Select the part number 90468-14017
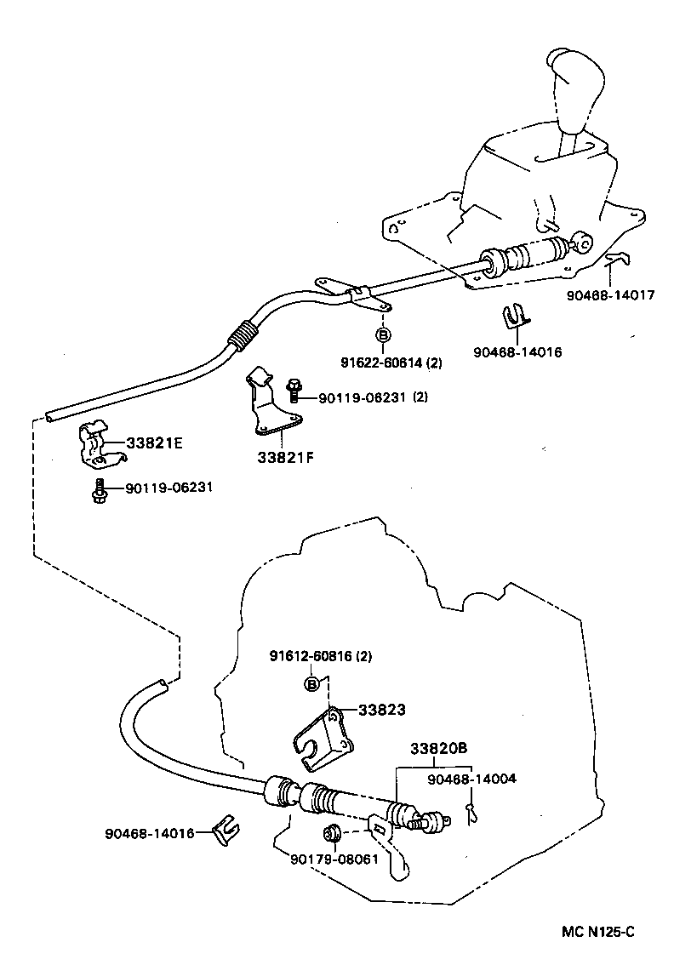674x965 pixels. coord(611,296)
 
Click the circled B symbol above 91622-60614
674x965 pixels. coord(383,336)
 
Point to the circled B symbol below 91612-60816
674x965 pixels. coord(312,683)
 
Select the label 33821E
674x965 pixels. coord(155,443)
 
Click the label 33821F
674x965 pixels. coord(286,457)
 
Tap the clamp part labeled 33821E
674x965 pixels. coord(95,443)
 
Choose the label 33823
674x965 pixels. coord(381,709)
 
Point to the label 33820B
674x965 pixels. coord(438,749)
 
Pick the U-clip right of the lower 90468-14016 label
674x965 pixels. coord(225,830)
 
